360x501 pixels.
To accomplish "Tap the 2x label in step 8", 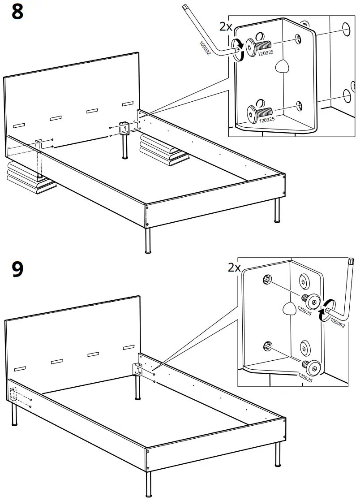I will click(x=226, y=26).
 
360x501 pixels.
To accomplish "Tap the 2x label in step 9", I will click(x=234, y=268).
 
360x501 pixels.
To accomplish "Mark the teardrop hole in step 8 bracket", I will click(x=282, y=67).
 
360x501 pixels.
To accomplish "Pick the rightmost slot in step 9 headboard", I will click(x=128, y=347).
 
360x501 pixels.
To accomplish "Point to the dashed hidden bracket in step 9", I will click(x=13, y=394).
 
